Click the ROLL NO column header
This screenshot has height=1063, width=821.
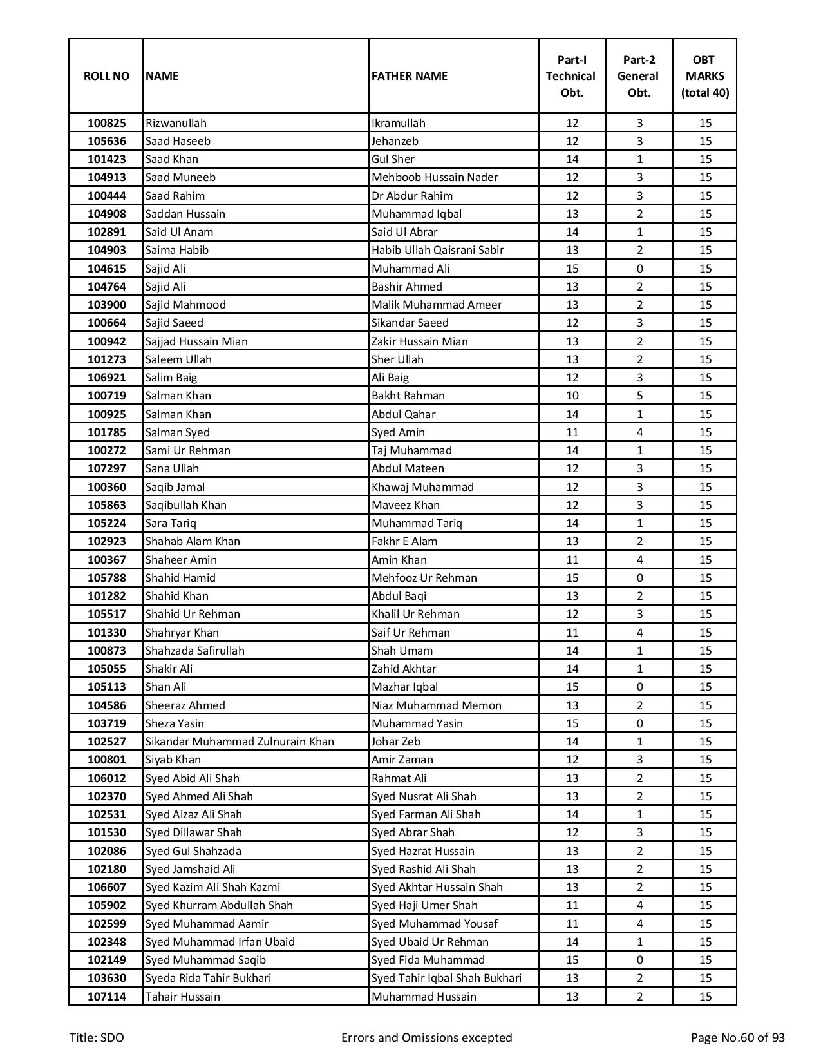pyautogui.click(x=106, y=76)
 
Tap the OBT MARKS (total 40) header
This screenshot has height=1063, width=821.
pyautogui.click(x=704, y=76)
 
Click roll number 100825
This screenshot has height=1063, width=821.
pyautogui.click(x=106, y=123)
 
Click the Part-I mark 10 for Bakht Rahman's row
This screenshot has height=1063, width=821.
pyautogui.click(x=572, y=396)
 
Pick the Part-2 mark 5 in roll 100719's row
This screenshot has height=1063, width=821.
pyautogui.click(x=639, y=396)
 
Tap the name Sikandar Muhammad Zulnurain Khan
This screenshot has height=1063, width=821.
pyautogui.click(x=240, y=742)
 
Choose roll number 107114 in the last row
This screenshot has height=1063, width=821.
pyautogui.click(x=106, y=997)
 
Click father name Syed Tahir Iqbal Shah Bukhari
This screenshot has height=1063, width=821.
pyautogui.click(x=446, y=978)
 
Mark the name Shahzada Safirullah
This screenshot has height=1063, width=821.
pyautogui.click(x=194, y=651)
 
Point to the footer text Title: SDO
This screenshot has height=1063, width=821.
pyautogui.click(x=97, y=1038)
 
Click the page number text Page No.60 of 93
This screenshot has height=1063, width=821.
pyautogui.click(x=737, y=1038)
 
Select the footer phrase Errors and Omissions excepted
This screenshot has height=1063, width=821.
pyautogui.click(x=426, y=1038)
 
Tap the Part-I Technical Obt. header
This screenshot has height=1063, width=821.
pyautogui.click(x=572, y=76)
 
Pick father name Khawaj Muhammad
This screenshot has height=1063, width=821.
pyautogui.click(x=422, y=487)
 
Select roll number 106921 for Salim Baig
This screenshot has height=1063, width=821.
pyautogui.click(x=106, y=378)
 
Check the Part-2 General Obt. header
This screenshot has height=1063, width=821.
pyautogui.click(x=639, y=76)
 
